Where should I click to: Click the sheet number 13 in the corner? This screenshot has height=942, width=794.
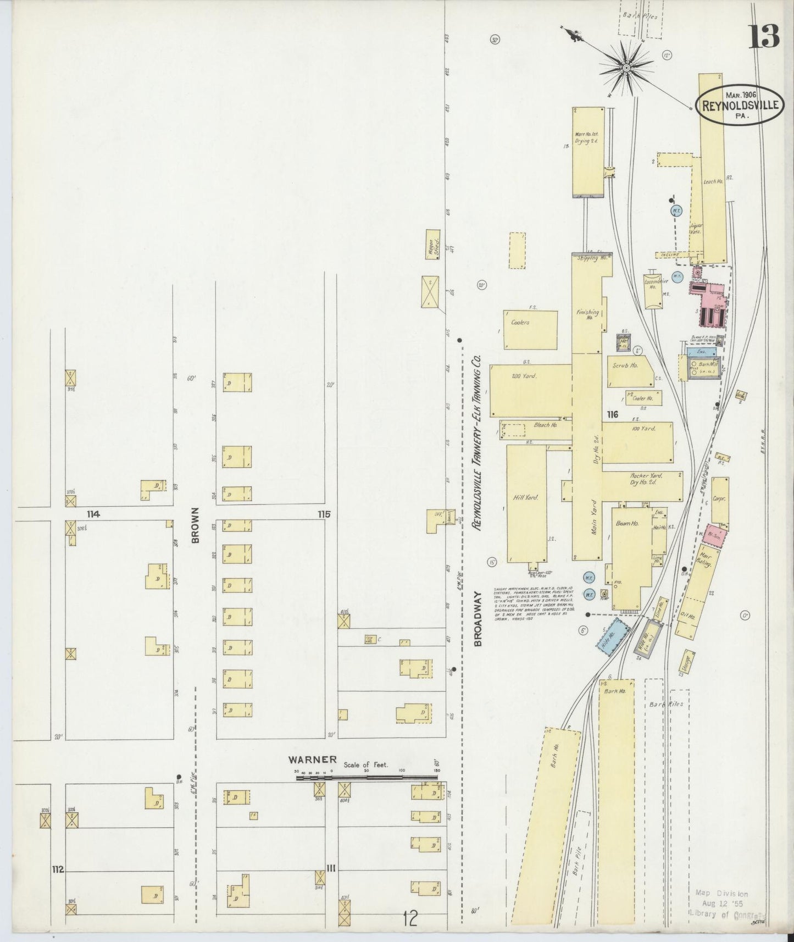pyautogui.click(x=764, y=37)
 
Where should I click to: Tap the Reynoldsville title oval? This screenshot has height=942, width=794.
pyautogui.click(x=740, y=103)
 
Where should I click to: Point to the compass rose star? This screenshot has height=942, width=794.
pyautogui.click(x=626, y=68)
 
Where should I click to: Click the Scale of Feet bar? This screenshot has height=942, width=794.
pyautogui.click(x=367, y=778)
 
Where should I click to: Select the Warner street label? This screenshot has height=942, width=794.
pyautogui.click(x=313, y=760)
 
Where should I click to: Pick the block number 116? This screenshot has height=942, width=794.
pyautogui.click(x=613, y=414)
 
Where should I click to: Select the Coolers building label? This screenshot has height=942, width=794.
pyautogui.click(x=519, y=323)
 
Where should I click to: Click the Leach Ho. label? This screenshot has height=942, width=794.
pyautogui.click(x=712, y=181)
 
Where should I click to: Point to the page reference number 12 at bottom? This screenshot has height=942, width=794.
pyautogui.click(x=409, y=916)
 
